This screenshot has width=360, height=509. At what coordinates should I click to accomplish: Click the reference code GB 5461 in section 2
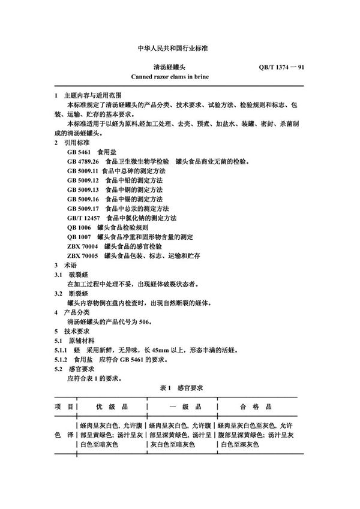[x=79, y=153]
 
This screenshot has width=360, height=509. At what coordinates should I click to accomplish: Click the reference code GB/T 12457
[x=84, y=218]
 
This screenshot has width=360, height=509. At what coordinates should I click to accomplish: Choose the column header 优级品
[x=110, y=406]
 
